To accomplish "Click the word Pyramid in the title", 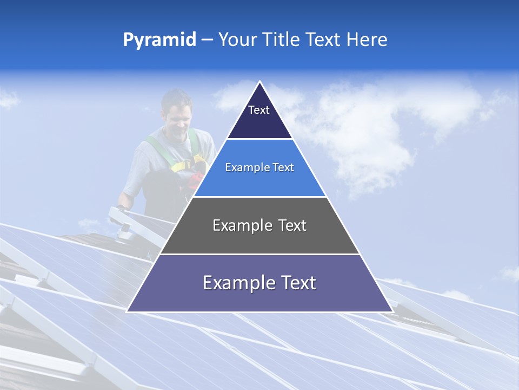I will click(159, 40).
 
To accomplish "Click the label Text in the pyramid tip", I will click(258, 110).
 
